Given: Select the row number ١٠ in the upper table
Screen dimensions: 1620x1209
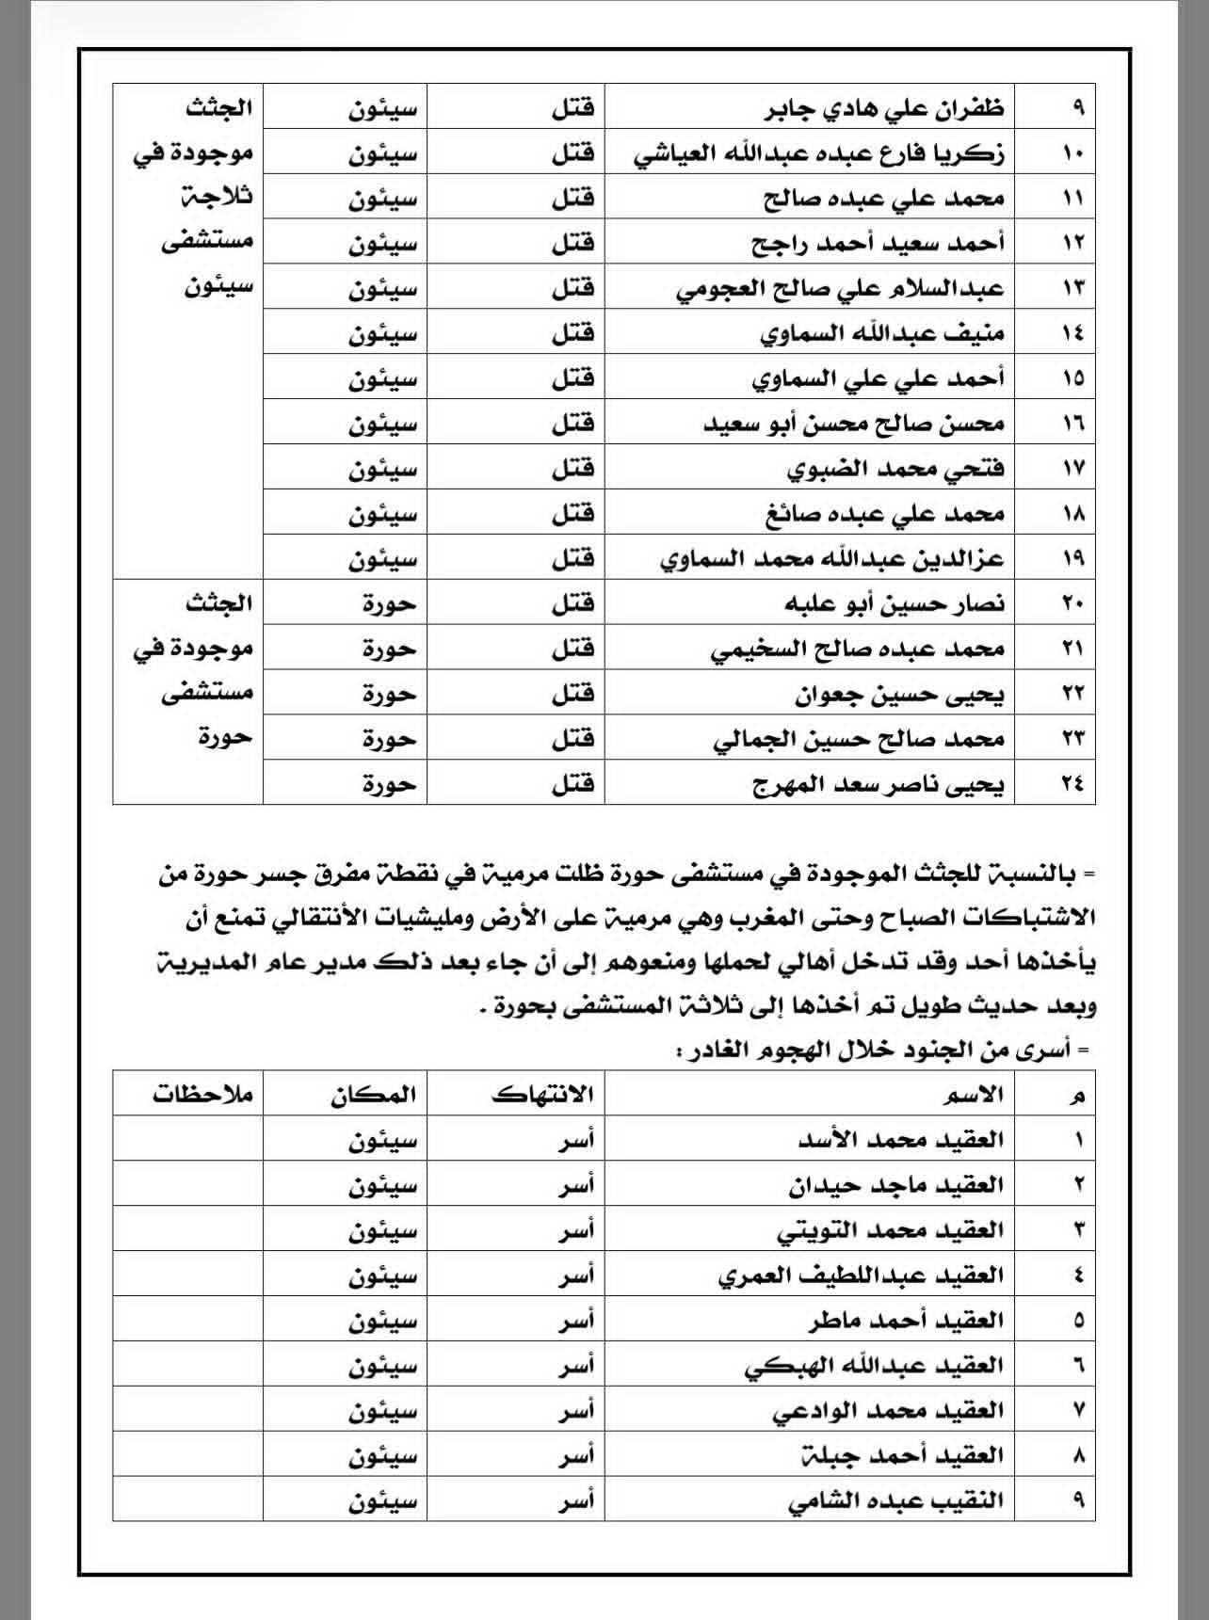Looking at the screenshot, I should coord(1073,153).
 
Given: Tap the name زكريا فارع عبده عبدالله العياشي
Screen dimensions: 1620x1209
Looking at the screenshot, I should coord(819,153).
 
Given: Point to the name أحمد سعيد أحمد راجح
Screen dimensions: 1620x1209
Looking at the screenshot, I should coord(879,244).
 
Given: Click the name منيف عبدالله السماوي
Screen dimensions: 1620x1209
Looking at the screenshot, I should coord(881,333).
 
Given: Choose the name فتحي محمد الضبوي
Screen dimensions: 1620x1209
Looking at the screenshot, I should coord(895,469).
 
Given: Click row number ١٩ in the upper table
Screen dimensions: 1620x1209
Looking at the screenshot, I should coord(1073,559).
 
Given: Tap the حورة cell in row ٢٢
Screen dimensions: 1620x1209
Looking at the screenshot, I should coord(389,694).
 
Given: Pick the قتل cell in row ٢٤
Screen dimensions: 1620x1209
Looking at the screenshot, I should coord(572,784).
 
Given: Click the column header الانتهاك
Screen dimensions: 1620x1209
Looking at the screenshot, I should coord(542,1094).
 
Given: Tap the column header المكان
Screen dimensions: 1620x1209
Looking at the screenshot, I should coord(373,1094).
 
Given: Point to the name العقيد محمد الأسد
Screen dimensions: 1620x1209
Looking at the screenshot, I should coord(900,1140).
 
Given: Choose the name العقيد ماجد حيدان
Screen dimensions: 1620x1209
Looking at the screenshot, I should coord(896,1185).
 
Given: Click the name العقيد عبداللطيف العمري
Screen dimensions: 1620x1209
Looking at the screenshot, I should coord(861,1275).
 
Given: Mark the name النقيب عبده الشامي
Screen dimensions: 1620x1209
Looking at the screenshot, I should coord(895,1500).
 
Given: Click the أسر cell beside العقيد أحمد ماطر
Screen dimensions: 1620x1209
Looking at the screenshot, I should coord(573,1321).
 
